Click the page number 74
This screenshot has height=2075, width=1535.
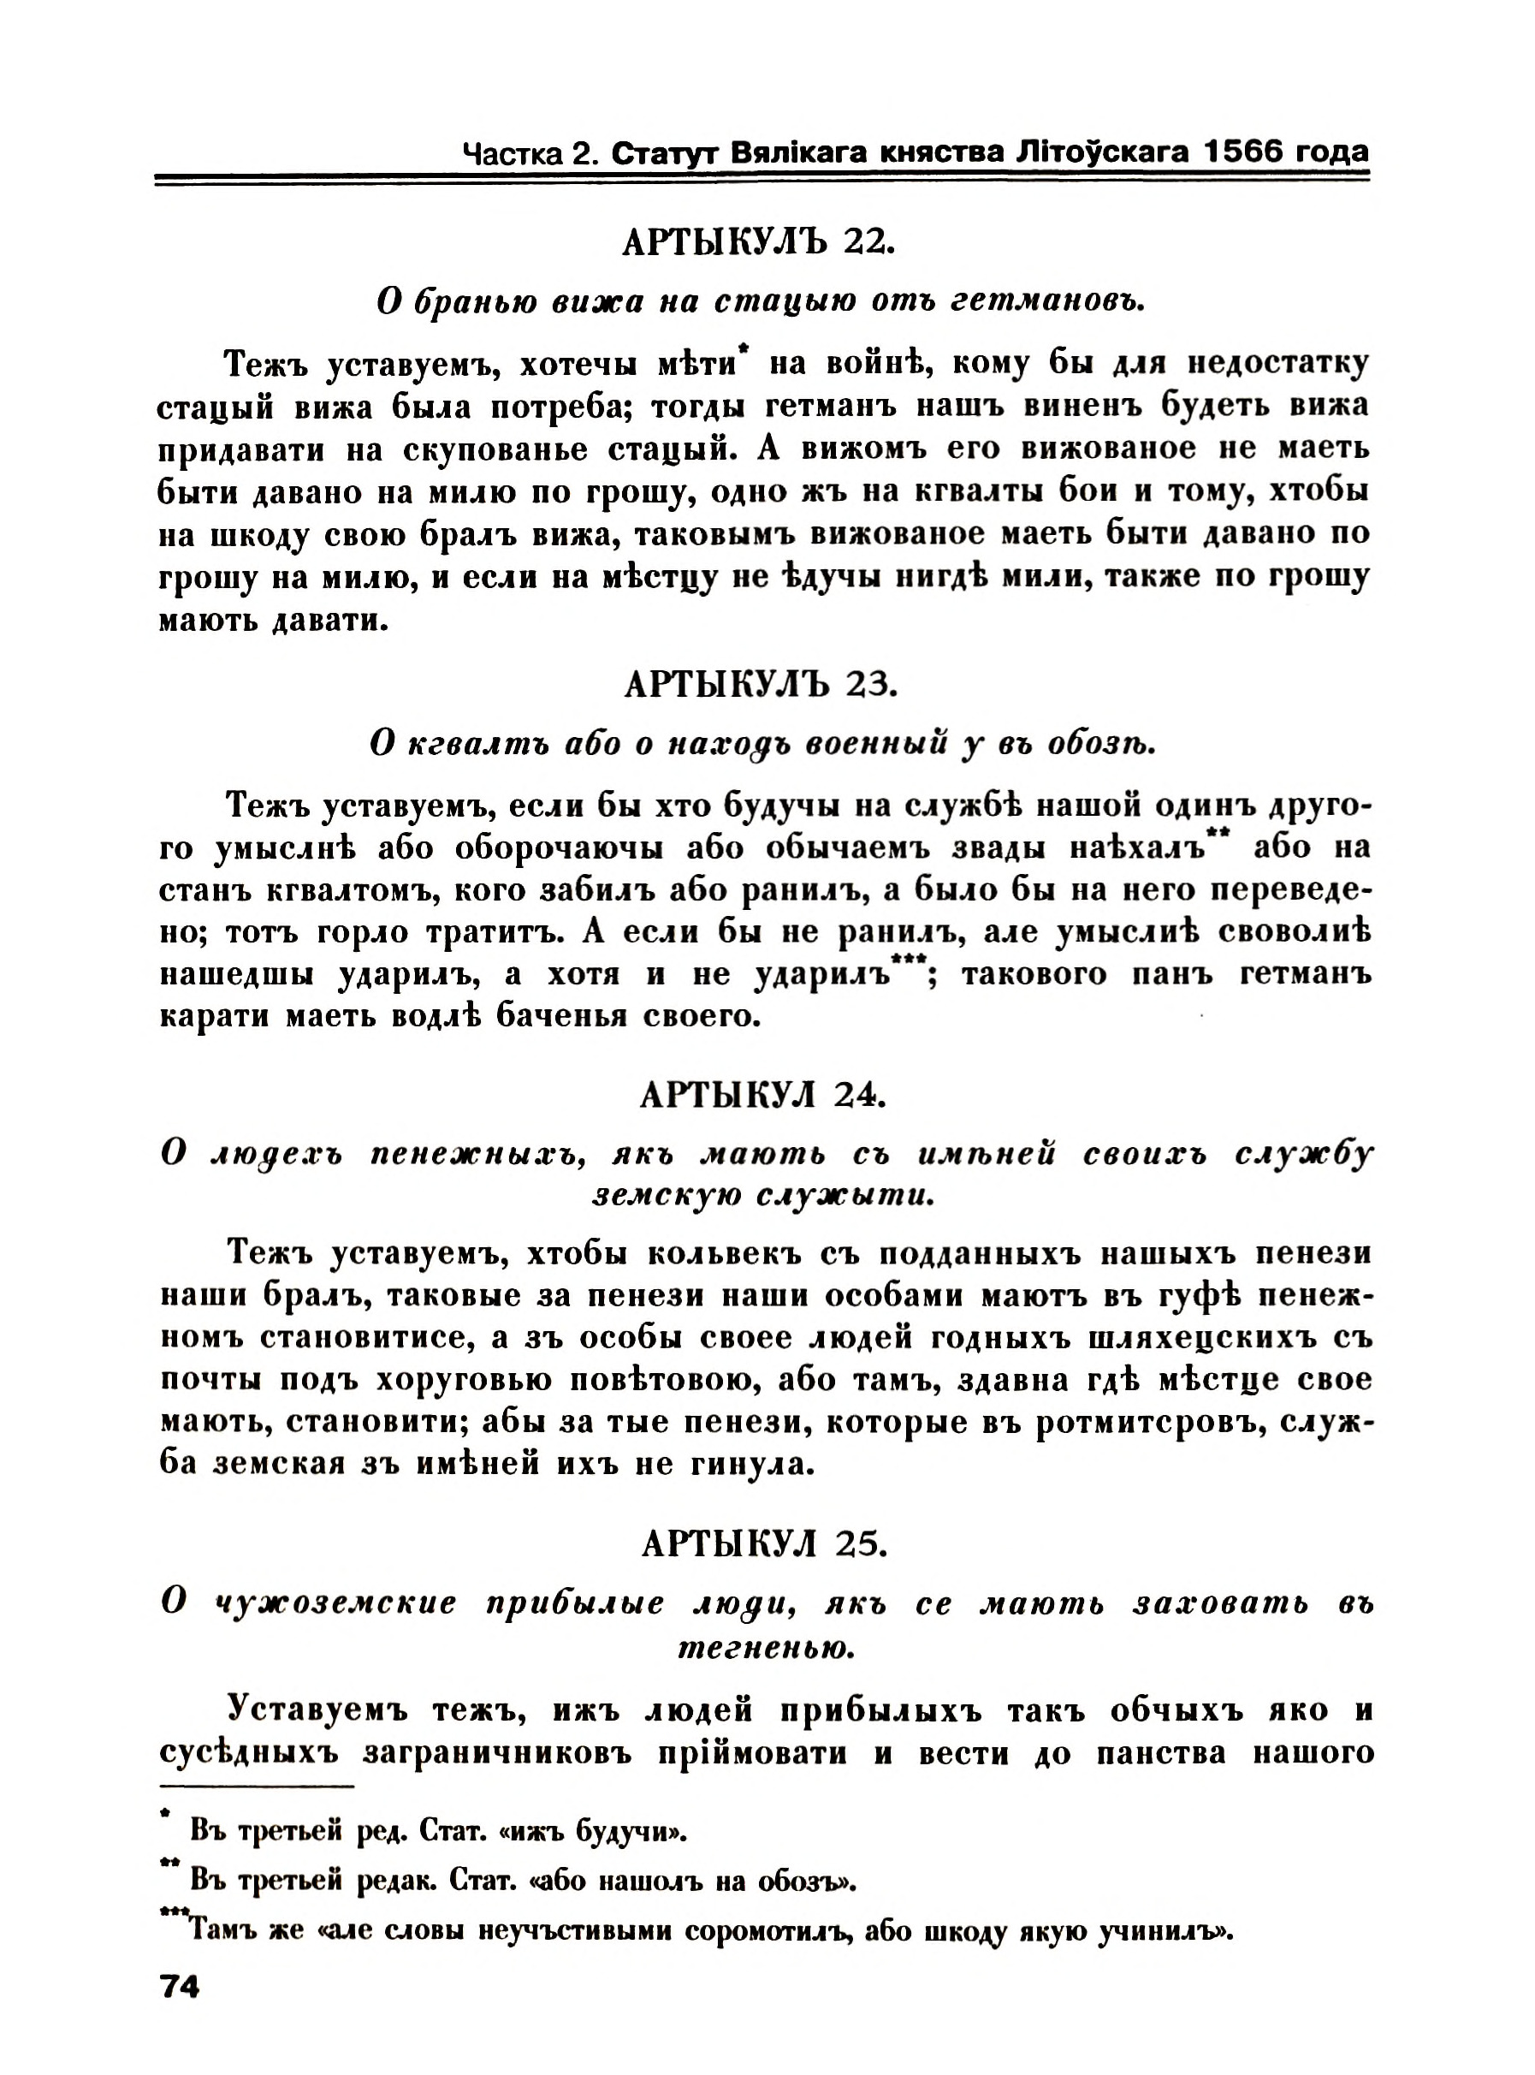181,1987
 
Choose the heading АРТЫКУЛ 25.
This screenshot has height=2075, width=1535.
764,1543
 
